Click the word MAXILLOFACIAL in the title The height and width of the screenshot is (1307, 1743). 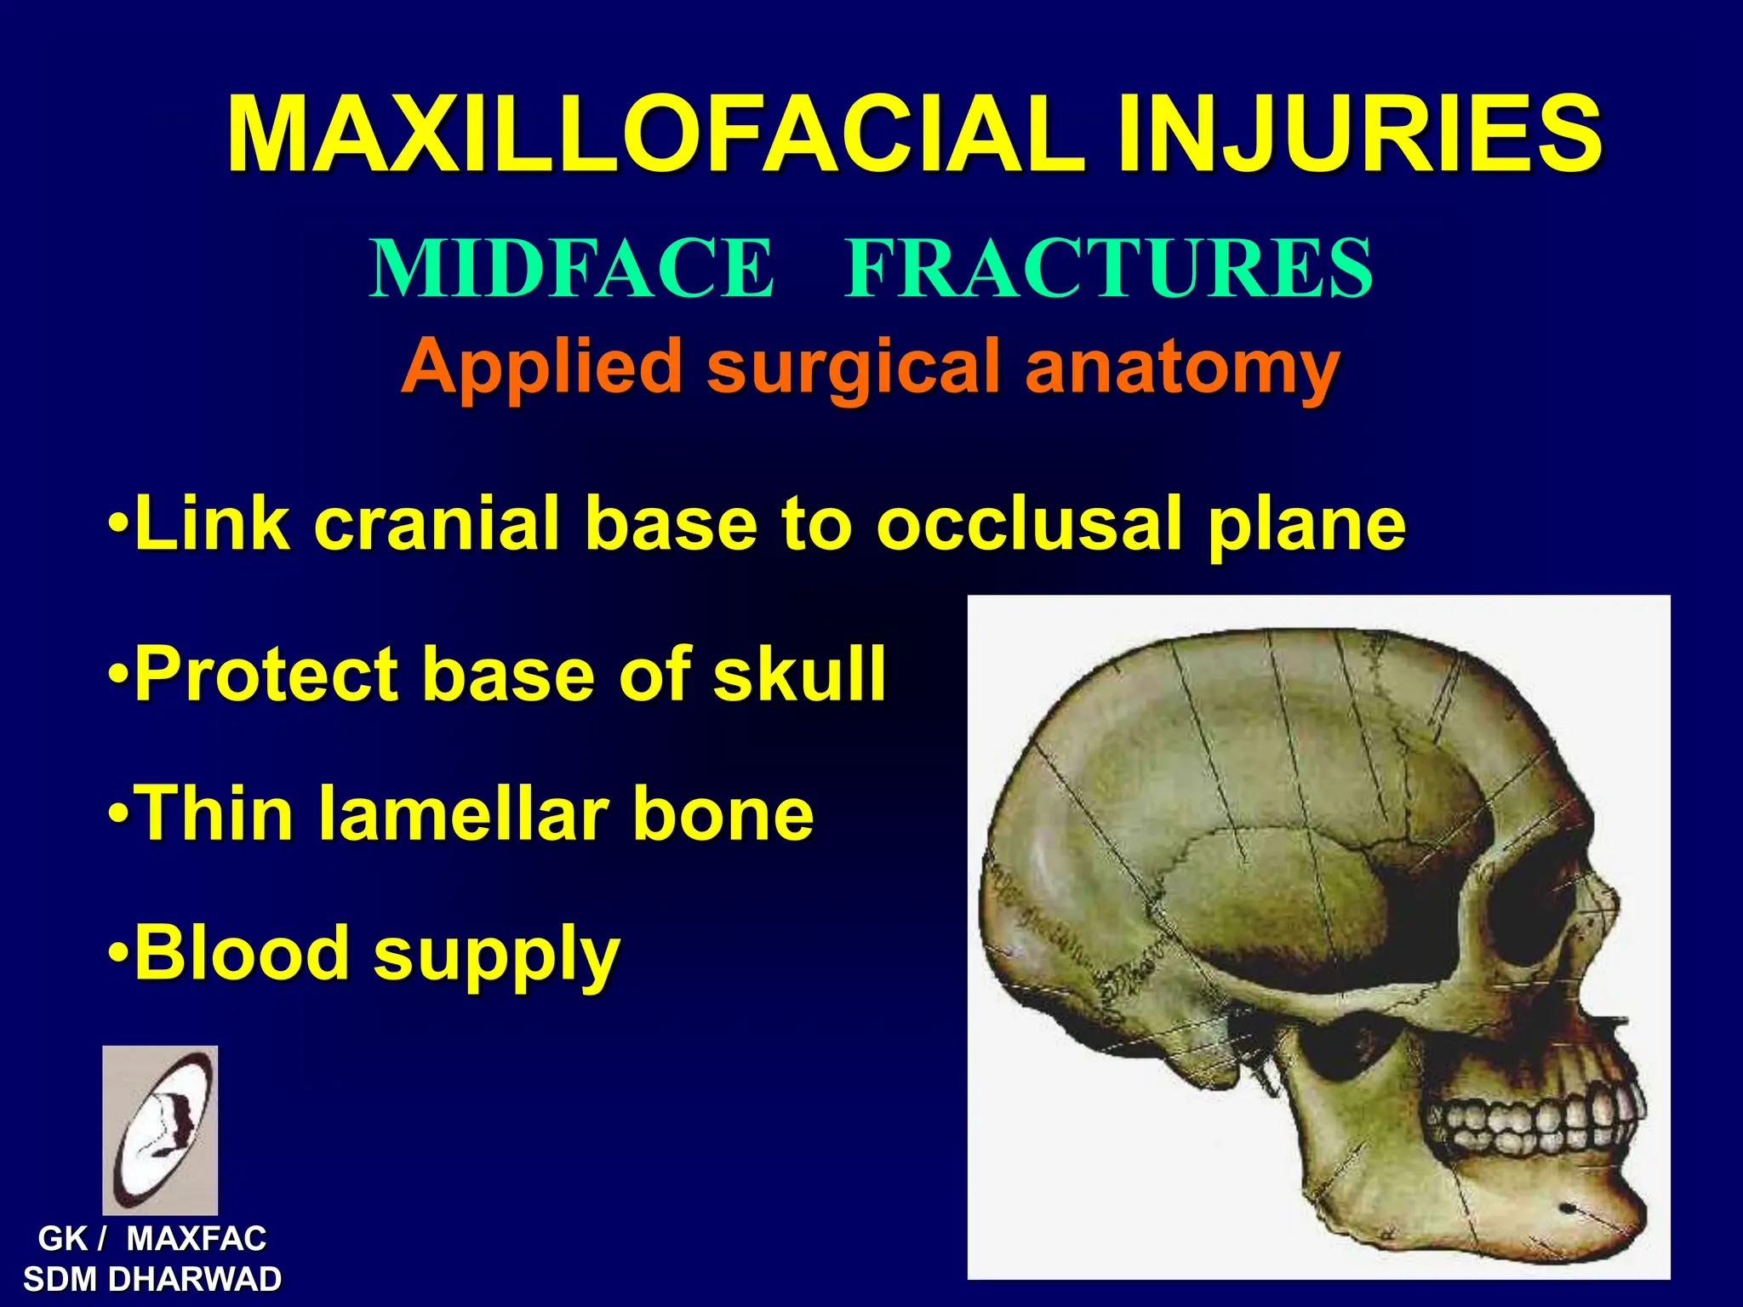[x=655, y=134]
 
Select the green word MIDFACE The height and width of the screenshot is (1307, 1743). [x=572, y=268]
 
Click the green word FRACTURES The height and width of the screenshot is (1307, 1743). [x=1108, y=268]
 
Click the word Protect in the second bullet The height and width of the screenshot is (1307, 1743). [x=266, y=673]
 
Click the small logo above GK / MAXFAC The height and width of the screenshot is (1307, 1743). [x=160, y=1129]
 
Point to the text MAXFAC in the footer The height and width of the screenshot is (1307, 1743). [x=196, y=1238]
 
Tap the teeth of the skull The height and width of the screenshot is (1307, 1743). [x=1532, y=1123]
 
